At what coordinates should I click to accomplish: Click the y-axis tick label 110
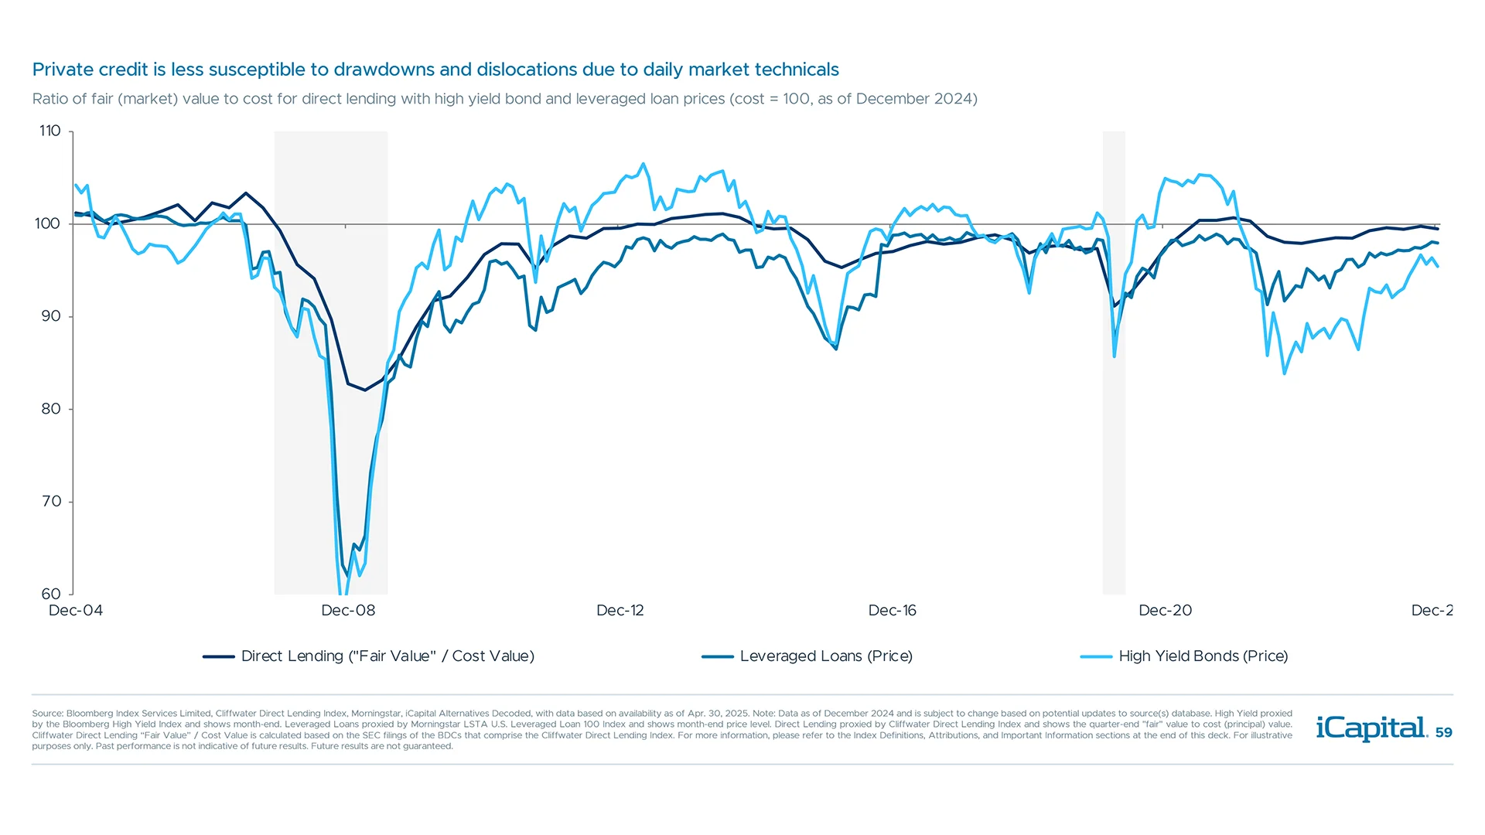50,131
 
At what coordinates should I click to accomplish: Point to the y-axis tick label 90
50,316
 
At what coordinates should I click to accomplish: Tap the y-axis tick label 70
51,502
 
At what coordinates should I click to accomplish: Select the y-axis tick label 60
51,594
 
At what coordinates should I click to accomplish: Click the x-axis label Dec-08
348,611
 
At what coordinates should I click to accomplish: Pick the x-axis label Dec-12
620,611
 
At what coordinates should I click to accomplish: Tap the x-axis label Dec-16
892,611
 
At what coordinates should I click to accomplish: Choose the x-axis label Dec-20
1165,611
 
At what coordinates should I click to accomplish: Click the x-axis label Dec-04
76,611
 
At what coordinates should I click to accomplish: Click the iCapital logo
1371,728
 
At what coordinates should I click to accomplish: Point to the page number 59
1443,732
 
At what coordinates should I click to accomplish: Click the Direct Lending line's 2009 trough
365,390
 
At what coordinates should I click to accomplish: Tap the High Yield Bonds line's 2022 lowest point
1285,373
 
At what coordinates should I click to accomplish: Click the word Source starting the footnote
47,714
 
